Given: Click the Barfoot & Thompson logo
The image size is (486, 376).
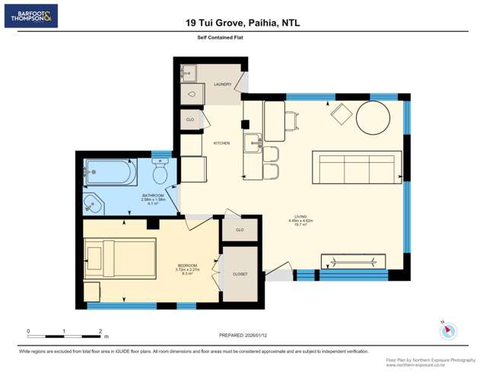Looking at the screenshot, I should click(30, 16).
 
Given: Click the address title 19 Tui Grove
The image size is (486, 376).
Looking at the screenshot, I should click(243, 23).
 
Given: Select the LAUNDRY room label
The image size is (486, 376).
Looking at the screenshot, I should click(222, 84).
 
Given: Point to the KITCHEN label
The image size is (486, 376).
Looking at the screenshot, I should click(221, 143).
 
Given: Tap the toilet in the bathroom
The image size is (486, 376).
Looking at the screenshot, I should click(160, 174).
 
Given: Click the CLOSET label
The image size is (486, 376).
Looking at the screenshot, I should click(240, 274).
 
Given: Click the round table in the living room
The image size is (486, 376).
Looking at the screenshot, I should click(373, 118).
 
